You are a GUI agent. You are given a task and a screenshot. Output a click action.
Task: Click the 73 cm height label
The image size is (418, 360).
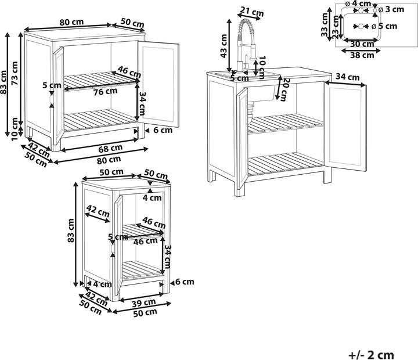tap(15, 73)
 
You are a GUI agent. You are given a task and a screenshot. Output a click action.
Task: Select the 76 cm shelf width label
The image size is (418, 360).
tap(105, 92)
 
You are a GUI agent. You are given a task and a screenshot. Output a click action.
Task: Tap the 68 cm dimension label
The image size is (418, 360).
tap(110, 148)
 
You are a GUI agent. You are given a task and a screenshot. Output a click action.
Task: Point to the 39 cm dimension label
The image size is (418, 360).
tap(144, 303)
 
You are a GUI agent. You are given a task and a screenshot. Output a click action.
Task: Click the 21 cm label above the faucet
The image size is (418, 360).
tap(252, 12)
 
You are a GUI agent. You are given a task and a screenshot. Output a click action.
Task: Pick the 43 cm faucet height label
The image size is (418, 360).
tap(224, 46)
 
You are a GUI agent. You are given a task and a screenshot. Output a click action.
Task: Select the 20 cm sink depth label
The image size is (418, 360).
tap(284, 89)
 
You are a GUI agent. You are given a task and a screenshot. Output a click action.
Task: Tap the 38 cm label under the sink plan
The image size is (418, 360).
tap(362, 55)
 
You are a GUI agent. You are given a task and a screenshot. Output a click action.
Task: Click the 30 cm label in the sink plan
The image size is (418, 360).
tap(362, 44)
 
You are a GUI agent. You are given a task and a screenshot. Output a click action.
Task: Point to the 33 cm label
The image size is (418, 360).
tap(325, 24)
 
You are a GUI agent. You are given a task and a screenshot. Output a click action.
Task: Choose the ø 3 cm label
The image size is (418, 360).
tap(391, 10)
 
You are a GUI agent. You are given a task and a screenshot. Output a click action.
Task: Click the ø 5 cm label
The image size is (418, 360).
tap(384, 26)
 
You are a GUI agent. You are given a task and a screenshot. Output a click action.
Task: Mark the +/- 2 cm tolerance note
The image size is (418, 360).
tap(371, 355)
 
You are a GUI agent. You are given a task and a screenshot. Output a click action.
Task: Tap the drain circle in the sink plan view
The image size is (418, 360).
tap(361, 26)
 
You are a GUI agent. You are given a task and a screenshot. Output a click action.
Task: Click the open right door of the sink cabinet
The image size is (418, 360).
tap(345, 126)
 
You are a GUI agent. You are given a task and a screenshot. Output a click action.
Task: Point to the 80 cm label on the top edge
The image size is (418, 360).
tap(71, 22)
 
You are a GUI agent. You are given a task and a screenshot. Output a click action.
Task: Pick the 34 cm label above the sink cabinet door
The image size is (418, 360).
tap(347, 77)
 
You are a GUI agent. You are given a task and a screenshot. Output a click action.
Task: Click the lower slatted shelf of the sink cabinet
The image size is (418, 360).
tap(285, 163)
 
